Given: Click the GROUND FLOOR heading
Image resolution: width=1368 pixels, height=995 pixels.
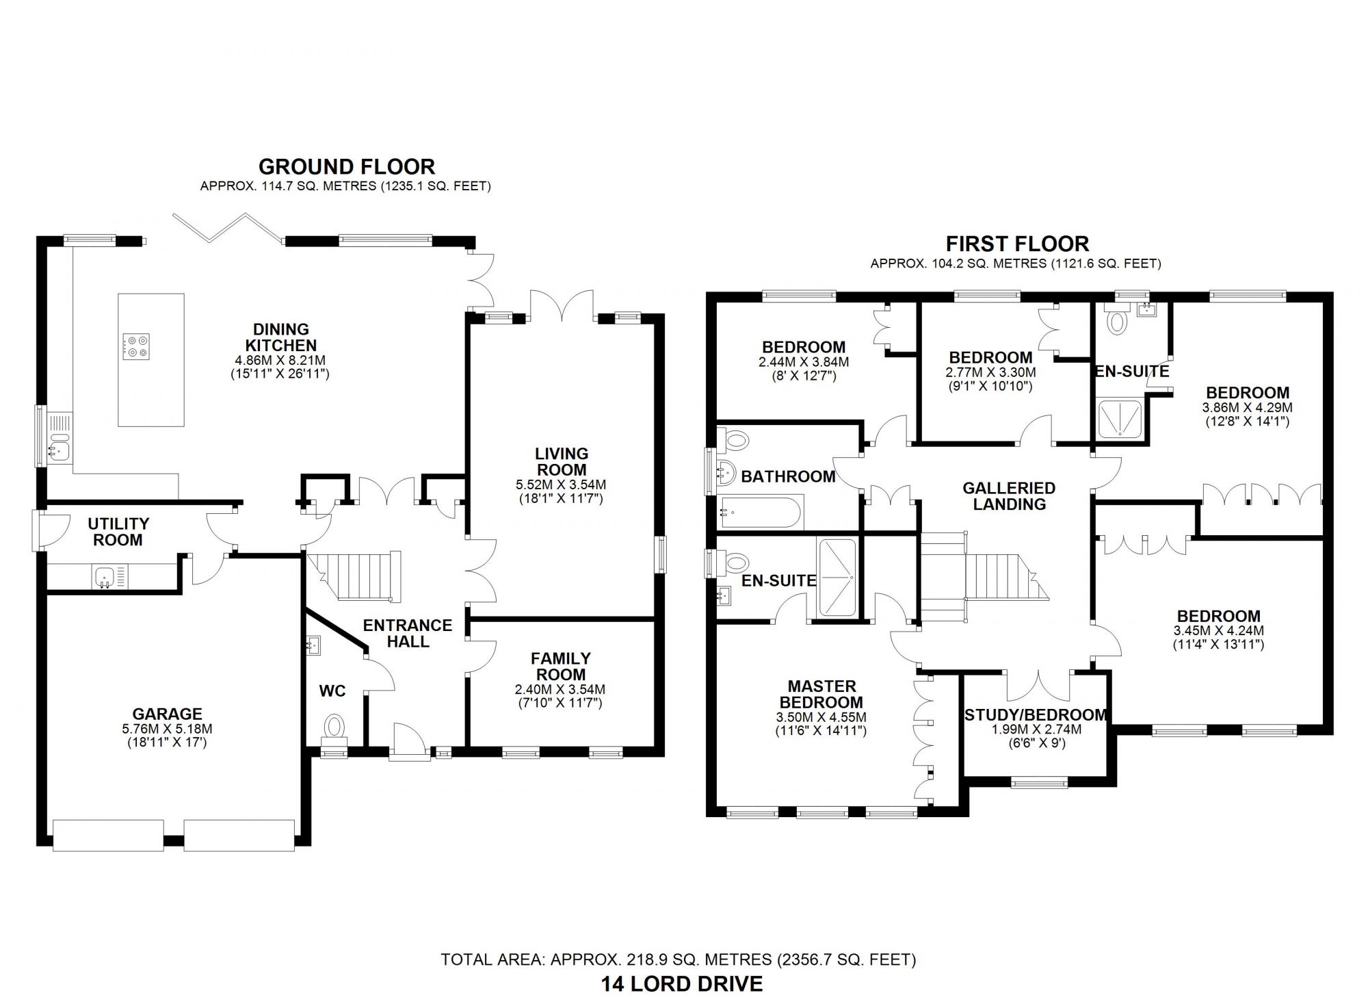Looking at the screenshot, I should click(346, 167).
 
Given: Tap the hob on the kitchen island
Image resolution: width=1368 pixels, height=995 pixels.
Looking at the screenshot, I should click(136, 346).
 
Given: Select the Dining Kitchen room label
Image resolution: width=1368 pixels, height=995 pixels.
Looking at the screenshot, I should click(280, 337).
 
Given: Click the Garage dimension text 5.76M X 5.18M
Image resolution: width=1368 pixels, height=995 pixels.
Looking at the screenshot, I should click(167, 729).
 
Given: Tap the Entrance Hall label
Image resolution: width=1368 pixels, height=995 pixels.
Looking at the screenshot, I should click(407, 633).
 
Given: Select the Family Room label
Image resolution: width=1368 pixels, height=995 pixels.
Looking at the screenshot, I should click(560, 666).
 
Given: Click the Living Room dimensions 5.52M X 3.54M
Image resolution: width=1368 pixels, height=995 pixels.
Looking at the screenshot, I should click(561, 484).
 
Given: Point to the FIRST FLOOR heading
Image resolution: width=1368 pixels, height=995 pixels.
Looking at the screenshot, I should click(1017, 244).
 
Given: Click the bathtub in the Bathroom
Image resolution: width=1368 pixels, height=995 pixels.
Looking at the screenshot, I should click(759, 513).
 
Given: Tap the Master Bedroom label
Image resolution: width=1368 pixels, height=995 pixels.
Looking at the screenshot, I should click(821, 694).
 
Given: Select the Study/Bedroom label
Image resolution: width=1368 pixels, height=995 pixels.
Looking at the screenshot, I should click(1035, 715).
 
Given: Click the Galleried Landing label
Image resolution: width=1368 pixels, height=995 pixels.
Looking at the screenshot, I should click(1009, 496).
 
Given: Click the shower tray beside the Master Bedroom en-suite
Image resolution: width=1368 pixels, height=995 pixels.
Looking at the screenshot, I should click(837, 577).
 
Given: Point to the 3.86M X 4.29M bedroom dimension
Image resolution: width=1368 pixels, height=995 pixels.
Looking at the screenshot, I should click(1247, 407).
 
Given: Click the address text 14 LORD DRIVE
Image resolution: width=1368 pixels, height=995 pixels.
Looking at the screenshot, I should click(681, 983).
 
